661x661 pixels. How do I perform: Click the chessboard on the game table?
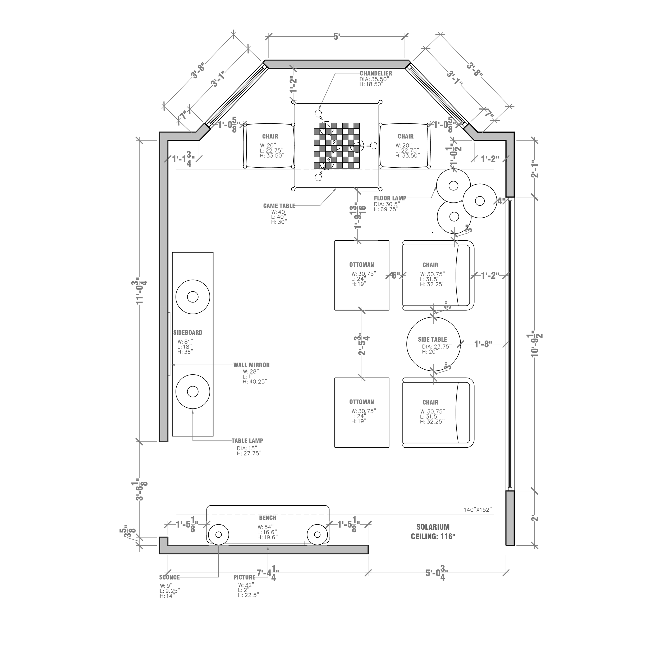337,145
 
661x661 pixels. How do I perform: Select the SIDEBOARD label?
188,333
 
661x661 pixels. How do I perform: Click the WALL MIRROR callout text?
251,365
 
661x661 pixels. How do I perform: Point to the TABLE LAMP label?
247,441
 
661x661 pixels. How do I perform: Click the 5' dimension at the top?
337,36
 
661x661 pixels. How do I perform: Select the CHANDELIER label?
376,73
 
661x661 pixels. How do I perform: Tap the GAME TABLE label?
279,206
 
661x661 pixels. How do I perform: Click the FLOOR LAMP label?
390,198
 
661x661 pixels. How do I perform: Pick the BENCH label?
268,518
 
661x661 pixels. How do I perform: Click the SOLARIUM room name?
433,527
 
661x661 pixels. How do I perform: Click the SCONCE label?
169,577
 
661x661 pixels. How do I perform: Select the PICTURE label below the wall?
244,577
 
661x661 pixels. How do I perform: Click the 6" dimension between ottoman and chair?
396,276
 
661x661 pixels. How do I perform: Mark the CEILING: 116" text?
433,536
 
